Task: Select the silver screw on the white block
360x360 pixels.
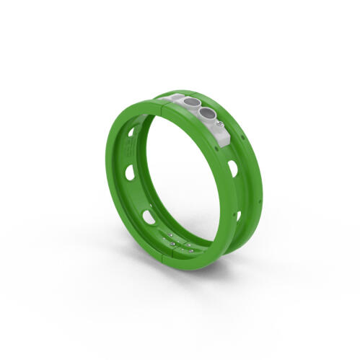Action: (218, 125)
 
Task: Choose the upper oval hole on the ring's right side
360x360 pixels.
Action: (233, 169)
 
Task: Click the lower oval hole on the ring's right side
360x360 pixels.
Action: (237, 215)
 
